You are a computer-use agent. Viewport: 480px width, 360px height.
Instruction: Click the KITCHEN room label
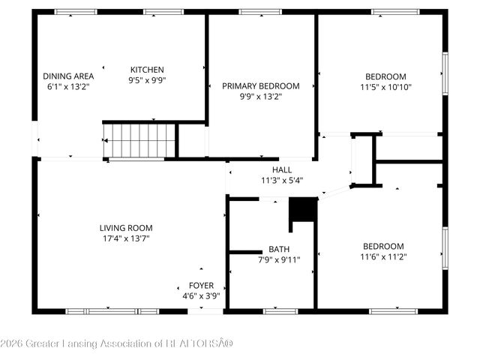[x=147, y=70]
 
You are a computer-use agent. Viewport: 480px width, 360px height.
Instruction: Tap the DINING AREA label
[x=68, y=76]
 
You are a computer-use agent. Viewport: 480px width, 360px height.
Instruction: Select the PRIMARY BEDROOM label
[x=261, y=86]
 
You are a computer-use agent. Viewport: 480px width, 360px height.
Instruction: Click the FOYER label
[x=201, y=285]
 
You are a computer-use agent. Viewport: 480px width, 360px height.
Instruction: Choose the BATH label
[x=279, y=250]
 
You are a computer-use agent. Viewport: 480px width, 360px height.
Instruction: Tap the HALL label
[x=282, y=169]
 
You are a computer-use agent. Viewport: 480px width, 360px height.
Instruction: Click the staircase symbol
[x=139, y=140]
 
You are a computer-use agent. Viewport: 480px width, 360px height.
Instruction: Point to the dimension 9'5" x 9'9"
[x=147, y=80]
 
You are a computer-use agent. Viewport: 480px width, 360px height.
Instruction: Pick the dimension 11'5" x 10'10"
[x=386, y=86]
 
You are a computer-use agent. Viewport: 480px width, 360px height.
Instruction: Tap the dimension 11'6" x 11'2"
[x=384, y=256]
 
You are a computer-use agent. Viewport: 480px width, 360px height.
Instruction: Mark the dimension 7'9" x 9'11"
[x=279, y=260]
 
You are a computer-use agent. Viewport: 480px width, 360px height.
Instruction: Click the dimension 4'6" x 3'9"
[x=201, y=295]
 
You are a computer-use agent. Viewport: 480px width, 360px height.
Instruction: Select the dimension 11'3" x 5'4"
[x=282, y=180]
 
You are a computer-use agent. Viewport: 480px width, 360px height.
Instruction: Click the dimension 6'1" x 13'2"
[x=68, y=86]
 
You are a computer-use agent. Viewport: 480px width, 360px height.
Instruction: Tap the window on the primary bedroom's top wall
[x=260, y=11]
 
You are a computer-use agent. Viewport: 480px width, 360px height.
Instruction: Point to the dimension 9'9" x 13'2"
[x=261, y=97]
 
